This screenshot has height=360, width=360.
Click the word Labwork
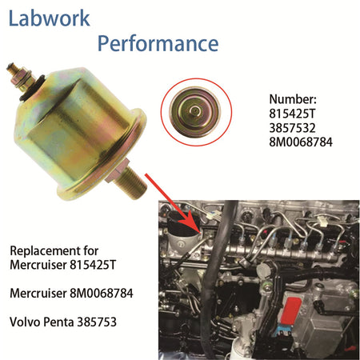point(50,18)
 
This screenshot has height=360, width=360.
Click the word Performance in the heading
point(158,44)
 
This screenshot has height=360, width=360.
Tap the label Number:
point(293,99)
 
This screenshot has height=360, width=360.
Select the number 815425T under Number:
point(292,114)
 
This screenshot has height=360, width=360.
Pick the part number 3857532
point(292,128)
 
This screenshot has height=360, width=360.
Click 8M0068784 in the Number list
point(301,142)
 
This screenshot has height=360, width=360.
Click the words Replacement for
point(54,250)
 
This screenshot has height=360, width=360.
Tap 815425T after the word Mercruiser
point(93,265)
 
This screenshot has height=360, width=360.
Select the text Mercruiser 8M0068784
point(71,294)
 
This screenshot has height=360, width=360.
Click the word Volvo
point(25,322)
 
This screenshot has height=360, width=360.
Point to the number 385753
point(97,322)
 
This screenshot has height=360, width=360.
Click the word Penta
point(58,322)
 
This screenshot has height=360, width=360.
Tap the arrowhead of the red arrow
point(191,222)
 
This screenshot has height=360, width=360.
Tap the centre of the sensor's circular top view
point(195,110)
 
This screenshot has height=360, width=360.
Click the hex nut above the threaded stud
point(118,171)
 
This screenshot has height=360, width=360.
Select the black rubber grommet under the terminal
point(32,89)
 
